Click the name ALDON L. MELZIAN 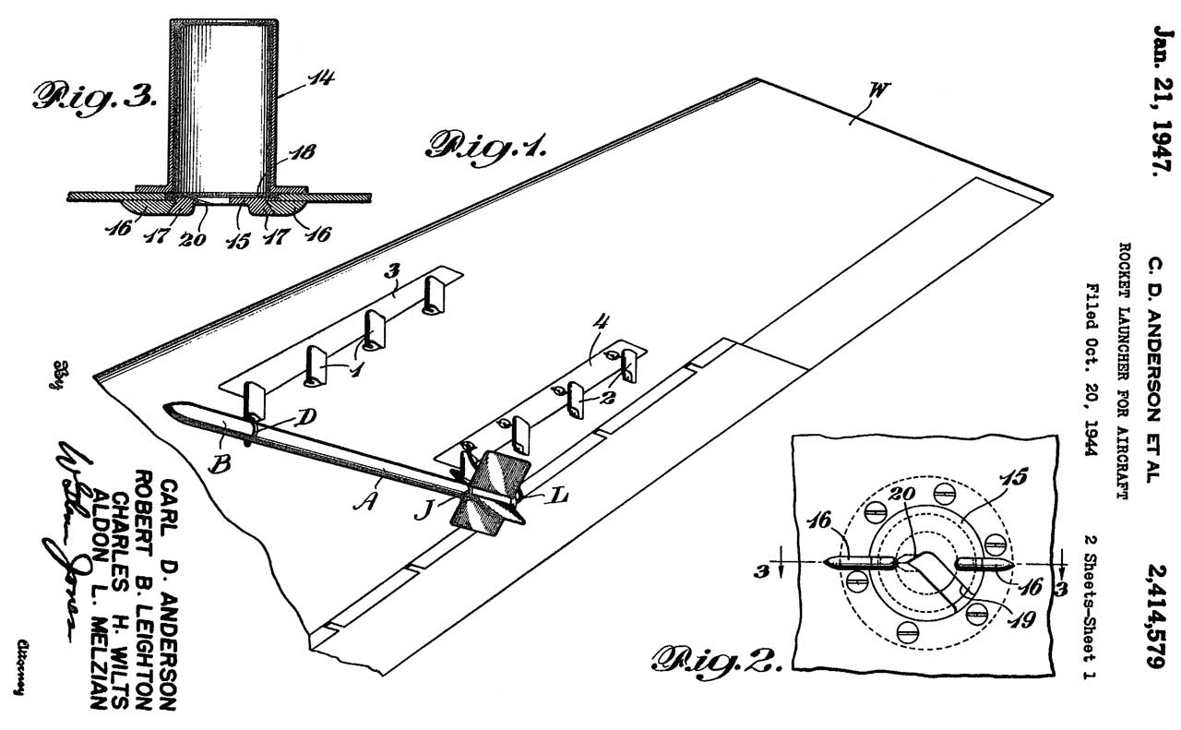(x=91, y=599)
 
